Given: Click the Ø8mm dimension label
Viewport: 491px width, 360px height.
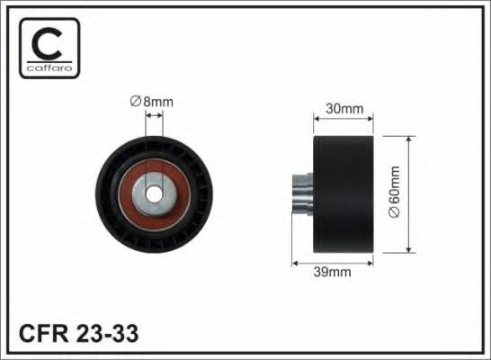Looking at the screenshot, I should tap(151, 103).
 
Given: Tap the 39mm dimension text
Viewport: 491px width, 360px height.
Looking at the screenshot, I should tap(331, 269).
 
